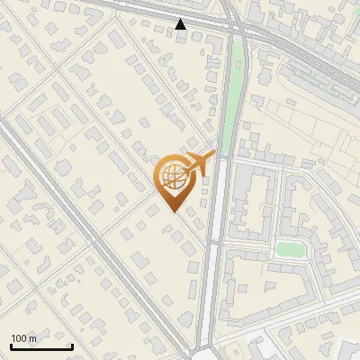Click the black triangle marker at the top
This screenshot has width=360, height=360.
(x=181, y=24)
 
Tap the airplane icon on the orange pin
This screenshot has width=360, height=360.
(x=199, y=165)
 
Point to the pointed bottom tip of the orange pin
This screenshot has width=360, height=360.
(x=173, y=212)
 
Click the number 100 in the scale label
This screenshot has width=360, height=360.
(x=19, y=338)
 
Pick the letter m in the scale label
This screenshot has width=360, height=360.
(x=32, y=338)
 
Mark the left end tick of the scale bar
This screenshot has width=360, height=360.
(x=10, y=346)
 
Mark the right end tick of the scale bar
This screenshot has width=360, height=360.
(x=72, y=346)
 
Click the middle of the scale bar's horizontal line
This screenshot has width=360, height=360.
(x=40, y=347)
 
